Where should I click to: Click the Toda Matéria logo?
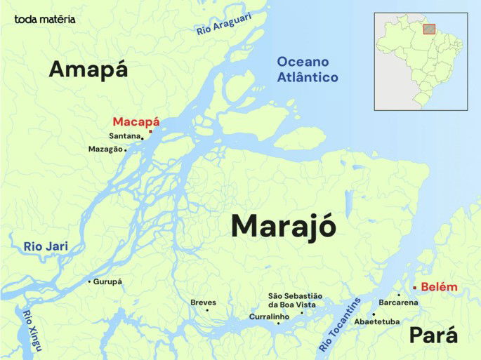pos(45,19)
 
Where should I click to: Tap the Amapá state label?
pos(88,69)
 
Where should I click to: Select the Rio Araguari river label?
pos(223,25)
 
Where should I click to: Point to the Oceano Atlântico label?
pos(307,69)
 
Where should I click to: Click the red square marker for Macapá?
pos(150,131)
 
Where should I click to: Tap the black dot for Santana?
pos(143,138)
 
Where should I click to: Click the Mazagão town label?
pos(105,149)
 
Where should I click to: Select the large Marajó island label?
pos(283,226)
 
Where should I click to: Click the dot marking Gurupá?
pos(89,281)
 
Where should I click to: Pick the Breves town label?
pos(203,302)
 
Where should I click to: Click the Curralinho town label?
pos(269,317)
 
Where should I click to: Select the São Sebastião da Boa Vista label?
pos(295,300)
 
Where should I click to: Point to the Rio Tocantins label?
pos(340,324)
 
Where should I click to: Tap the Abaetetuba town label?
pos(377,321)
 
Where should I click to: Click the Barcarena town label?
pos(398,302)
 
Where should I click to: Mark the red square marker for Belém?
pos(414,287)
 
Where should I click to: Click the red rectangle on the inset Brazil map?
pos(429,29)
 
